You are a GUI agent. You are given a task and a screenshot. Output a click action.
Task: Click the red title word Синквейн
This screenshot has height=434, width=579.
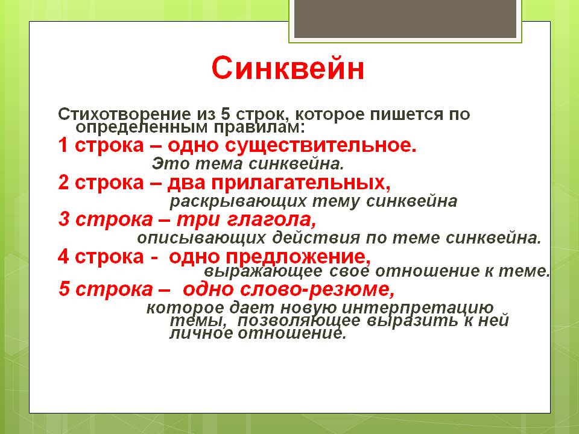pyautogui.click(x=288, y=69)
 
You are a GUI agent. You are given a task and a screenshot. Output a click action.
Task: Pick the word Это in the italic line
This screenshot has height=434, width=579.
pyautogui.click(x=166, y=163)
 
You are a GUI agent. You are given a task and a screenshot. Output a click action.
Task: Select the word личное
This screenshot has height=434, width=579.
pyautogui.click(x=198, y=334)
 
